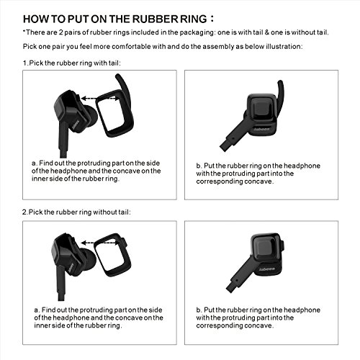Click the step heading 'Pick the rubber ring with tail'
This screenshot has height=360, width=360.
click(74, 63)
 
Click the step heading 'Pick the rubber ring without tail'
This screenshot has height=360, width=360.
click(79, 212)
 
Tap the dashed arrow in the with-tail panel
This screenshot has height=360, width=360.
click(100, 98)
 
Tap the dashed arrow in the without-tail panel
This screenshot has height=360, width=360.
click(100, 243)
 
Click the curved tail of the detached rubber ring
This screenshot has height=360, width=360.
click(124, 86)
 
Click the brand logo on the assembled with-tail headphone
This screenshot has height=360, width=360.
click(262, 129)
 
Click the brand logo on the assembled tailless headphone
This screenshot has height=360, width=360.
click(267, 269)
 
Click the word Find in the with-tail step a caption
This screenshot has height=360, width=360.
click(46, 163)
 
